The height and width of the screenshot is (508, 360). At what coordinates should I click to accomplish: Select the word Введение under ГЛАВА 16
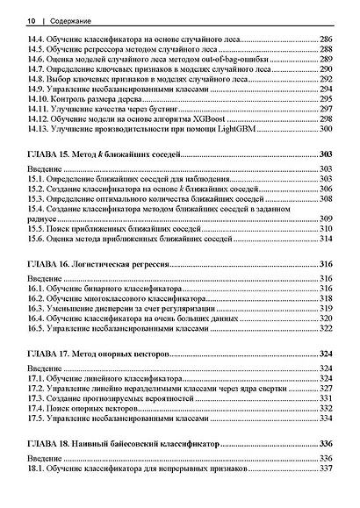[45, 276]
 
